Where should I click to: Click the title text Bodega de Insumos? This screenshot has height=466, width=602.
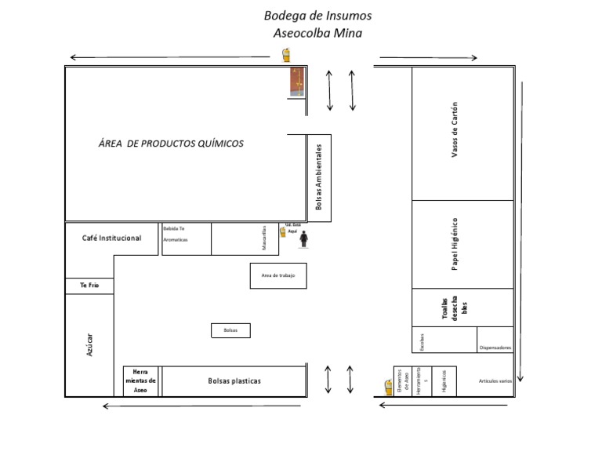[x=317, y=16]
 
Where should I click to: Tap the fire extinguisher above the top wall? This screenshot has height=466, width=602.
[x=286, y=55]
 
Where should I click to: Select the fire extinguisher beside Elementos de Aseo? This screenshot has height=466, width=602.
[x=388, y=387]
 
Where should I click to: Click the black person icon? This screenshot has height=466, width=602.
[x=303, y=238]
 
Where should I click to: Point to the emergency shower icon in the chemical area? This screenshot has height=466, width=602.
[x=296, y=82]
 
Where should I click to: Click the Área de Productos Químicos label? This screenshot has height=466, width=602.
[x=171, y=144]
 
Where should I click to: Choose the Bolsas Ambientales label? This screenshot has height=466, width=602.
[x=319, y=177]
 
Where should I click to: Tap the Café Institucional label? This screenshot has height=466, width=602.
[x=112, y=238]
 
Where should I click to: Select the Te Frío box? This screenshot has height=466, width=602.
[x=89, y=286]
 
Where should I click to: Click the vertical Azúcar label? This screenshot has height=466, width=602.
[x=89, y=344]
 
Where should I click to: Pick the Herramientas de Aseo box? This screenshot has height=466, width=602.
[x=141, y=380]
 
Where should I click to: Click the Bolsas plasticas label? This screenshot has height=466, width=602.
[x=234, y=381]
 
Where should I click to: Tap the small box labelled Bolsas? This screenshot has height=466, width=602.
[x=230, y=330]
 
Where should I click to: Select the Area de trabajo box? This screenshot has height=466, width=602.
[x=278, y=275]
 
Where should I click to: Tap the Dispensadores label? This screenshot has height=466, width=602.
[x=495, y=348]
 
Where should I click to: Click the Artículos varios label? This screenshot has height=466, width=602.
[x=495, y=381]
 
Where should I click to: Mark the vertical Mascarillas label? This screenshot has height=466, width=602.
[x=265, y=238]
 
